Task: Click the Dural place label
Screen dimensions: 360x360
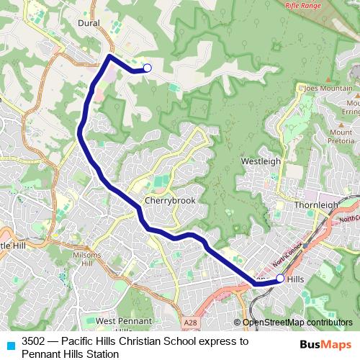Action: pyautogui.click(x=89, y=23)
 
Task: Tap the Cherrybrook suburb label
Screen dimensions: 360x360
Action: pyautogui.click(x=170, y=201)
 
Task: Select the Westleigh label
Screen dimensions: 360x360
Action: pyautogui.click(x=261, y=161)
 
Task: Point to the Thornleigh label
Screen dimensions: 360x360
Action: pyautogui.click(x=316, y=204)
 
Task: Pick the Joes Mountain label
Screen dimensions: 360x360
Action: pyautogui.click(x=328, y=89)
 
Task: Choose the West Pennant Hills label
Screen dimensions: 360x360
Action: pyautogui.click(x=123, y=325)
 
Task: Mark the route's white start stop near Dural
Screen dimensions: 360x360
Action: pyautogui.click(x=147, y=68)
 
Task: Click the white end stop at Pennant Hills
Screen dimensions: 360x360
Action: pyautogui.click(x=280, y=277)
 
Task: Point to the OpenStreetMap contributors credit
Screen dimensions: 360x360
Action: pyautogui.click(x=296, y=323)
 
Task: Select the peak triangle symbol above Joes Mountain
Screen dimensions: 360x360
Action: pyautogui.click(x=302, y=86)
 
